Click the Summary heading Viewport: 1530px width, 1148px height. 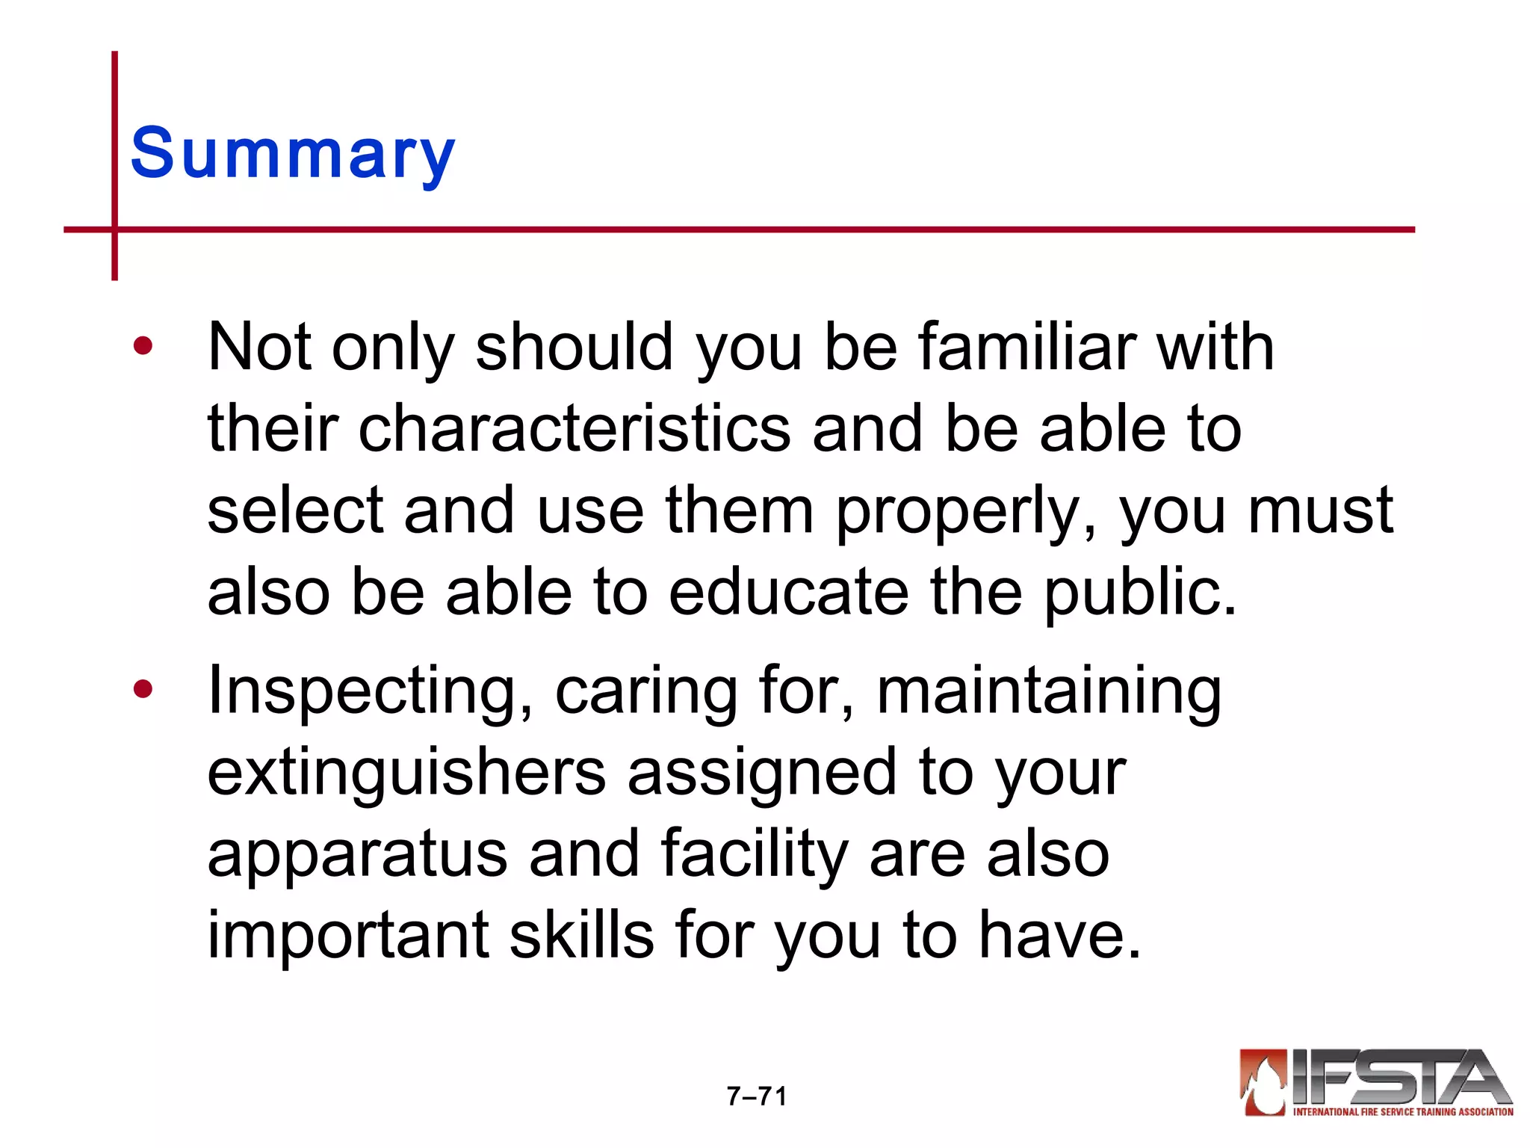coord(292,154)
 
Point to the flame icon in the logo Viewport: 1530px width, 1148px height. coord(1263,1081)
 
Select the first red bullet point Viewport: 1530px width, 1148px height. coord(143,346)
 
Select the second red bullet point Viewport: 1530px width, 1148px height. coord(143,689)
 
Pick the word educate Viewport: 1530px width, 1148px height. coord(788,592)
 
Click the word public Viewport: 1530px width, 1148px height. coord(1139,592)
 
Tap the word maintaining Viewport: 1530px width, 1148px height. coord(1049,692)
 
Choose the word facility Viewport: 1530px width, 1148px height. coord(755,855)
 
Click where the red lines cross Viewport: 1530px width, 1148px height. coord(115,229)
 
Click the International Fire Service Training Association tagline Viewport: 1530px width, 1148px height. coord(1402,1112)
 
